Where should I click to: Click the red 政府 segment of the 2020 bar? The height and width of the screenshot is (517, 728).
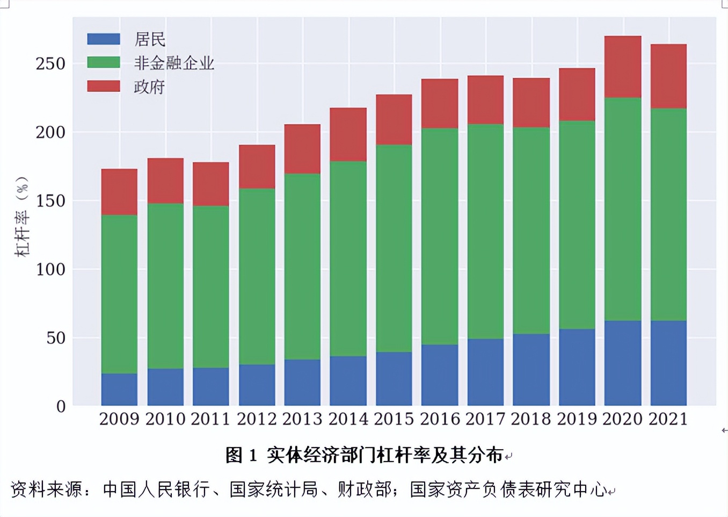click(x=623, y=67)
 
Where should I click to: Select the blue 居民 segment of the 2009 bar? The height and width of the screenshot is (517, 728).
click(x=119, y=389)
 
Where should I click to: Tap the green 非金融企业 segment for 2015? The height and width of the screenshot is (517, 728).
click(x=394, y=248)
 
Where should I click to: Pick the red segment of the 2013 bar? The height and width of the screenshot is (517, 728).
click(x=302, y=149)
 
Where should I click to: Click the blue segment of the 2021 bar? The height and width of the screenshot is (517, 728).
click(x=668, y=363)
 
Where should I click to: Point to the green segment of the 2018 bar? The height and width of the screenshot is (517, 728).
click(x=531, y=231)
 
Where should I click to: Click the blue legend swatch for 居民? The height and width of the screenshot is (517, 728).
click(x=104, y=39)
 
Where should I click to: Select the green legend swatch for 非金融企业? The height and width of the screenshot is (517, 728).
click(x=104, y=63)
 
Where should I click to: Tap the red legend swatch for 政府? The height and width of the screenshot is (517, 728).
click(x=104, y=87)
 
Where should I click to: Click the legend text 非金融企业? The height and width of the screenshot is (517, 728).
click(x=174, y=63)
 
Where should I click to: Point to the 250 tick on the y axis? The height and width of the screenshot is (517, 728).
click(x=50, y=64)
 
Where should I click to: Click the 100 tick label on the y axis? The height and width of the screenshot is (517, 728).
click(x=50, y=269)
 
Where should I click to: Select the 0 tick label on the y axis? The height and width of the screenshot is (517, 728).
click(x=61, y=407)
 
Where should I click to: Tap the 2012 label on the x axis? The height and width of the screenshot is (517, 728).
click(x=257, y=419)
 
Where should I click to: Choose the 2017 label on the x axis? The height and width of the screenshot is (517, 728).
click(x=485, y=419)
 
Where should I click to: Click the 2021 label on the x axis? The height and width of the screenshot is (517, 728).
click(x=668, y=419)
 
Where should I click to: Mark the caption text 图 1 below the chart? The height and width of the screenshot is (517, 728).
click(x=241, y=455)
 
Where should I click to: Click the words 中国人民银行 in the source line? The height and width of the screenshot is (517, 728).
click(x=156, y=490)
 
